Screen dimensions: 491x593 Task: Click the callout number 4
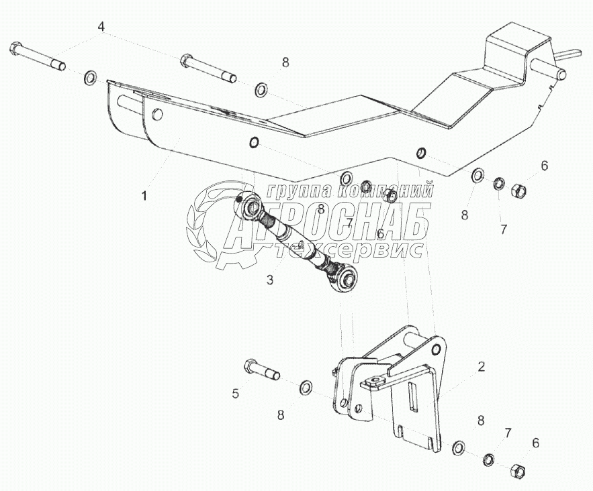pos(101,28)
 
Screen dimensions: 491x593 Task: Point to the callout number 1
pos(143,196)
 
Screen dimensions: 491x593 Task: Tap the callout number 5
pos(236,394)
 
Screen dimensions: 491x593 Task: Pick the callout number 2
pos(481,366)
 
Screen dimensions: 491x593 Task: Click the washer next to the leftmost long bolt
pos(89,80)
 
